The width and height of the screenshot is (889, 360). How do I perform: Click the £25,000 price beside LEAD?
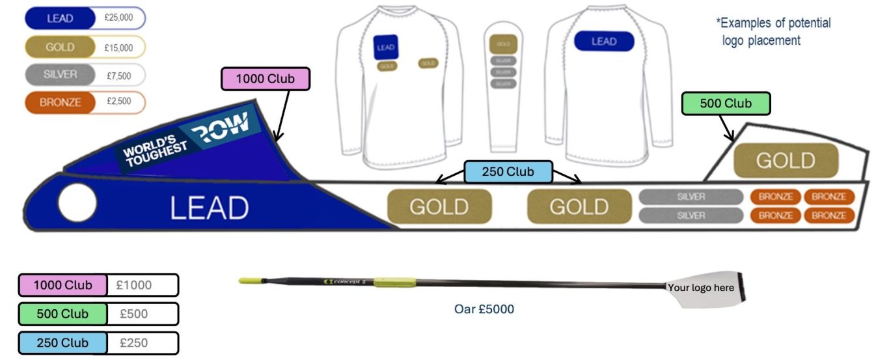[x=118, y=18]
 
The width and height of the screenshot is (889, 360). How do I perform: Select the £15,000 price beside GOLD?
[x=118, y=48]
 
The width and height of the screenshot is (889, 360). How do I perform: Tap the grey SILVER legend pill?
[x=61, y=75]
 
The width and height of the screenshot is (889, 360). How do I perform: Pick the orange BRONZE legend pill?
[x=61, y=103]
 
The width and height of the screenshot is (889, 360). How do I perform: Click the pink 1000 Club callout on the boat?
[x=265, y=79]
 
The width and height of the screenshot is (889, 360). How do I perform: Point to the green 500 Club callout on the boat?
[x=726, y=104]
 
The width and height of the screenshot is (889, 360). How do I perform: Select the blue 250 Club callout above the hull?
[x=508, y=172]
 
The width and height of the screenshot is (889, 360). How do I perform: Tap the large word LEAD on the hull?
[x=209, y=208]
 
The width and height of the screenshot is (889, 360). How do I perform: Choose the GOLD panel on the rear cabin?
[x=786, y=161]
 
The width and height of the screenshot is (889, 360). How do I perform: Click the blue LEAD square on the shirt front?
[x=386, y=48]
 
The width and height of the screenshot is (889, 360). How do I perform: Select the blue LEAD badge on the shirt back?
[x=603, y=42]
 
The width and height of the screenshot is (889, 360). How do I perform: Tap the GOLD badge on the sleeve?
[x=503, y=44]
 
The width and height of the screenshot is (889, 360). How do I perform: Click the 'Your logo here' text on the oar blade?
[x=700, y=288]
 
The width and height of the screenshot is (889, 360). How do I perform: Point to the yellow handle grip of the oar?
[x=250, y=281]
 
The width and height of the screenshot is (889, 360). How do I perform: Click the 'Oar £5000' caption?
[x=484, y=309]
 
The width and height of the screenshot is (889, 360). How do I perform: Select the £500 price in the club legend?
[x=134, y=314]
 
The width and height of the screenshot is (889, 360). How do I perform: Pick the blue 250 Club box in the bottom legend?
[x=62, y=342]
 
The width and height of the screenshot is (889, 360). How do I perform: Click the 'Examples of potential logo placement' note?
[x=773, y=31]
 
